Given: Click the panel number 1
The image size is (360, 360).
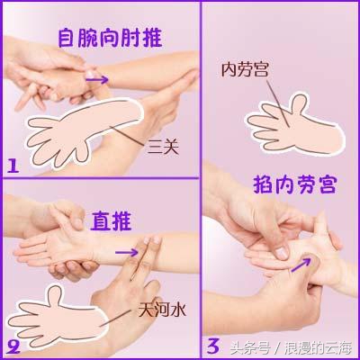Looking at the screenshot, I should (x=13, y=165).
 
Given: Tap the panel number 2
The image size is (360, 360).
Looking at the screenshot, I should (x=13, y=344).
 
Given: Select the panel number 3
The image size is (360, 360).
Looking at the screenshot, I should (x=212, y=344).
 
